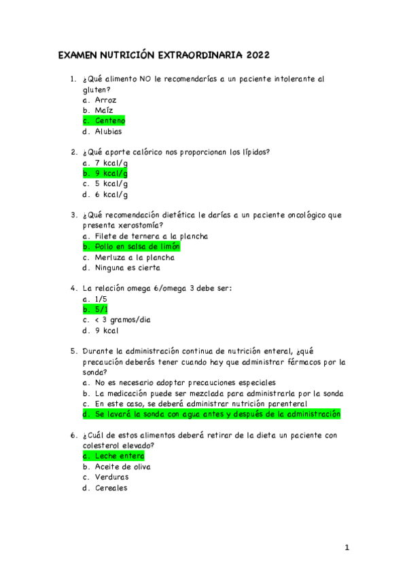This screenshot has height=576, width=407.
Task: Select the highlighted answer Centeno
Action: [x=110, y=121]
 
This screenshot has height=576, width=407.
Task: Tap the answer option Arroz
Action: [x=105, y=100]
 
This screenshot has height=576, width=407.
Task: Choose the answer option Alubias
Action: [x=108, y=132]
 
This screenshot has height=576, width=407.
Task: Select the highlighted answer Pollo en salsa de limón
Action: [x=137, y=247]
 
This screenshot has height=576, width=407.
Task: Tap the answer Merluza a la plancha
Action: [x=134, y=257]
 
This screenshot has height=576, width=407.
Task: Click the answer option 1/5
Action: [x=101, y=299]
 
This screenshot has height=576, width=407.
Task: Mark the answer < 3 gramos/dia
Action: [x=122, y=320]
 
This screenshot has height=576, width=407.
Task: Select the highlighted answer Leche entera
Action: [x=120, y=456]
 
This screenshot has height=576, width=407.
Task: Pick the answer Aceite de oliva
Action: [x=122, y=467]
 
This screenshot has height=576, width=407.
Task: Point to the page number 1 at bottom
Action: [x=346, y=547]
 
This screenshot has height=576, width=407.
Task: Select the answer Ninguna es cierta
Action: [x=127, y=268]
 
